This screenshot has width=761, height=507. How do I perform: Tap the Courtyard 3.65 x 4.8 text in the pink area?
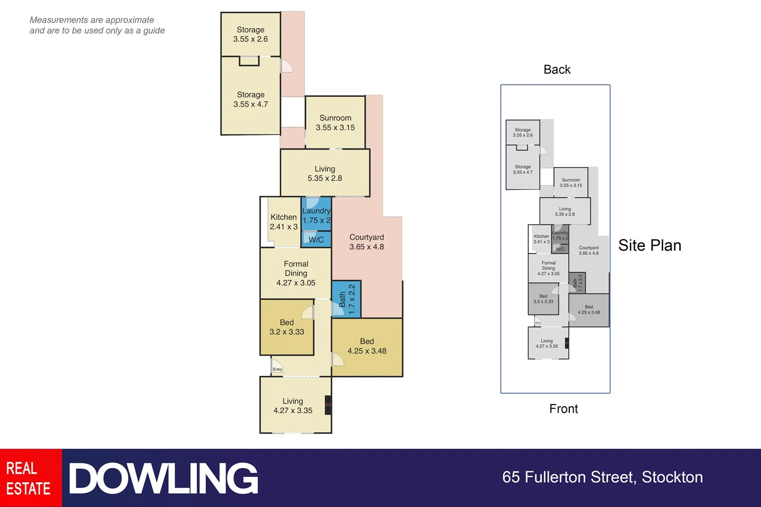click(x=366, y=242)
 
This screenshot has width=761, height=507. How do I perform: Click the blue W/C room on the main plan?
click(x=316, y=239)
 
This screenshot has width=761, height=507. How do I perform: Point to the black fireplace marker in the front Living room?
click(x=328, y=405)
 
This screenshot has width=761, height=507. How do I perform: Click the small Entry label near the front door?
click(x=277, y=369)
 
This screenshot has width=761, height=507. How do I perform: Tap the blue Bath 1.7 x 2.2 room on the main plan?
click(x=347, y=299)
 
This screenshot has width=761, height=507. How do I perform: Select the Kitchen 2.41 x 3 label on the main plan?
click(x=283, y=222)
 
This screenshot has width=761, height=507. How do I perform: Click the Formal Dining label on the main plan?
click(x=296, y=273)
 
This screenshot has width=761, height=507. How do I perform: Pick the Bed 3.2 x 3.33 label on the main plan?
click(x=286, y=327)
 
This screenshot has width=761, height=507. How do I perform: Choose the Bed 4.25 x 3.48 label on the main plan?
click(x=367, y=346)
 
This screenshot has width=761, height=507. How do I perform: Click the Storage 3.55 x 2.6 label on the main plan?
click(x=250, y=34)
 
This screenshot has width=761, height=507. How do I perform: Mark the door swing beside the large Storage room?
click(x=287, y=66)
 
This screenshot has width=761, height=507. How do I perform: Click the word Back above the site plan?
click(x=557, y=69)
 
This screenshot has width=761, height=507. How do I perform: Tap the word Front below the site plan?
click(x=564, y=409)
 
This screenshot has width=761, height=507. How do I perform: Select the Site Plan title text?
click(x=650, y=245)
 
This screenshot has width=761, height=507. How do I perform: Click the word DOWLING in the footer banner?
click(x=164, y=478)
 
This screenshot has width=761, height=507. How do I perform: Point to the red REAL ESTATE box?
click(x=30, y=478)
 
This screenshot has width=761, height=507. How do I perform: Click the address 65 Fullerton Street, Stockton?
click(x=602, y=477)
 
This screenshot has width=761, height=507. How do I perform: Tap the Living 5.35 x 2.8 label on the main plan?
click(x=324, y=174)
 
